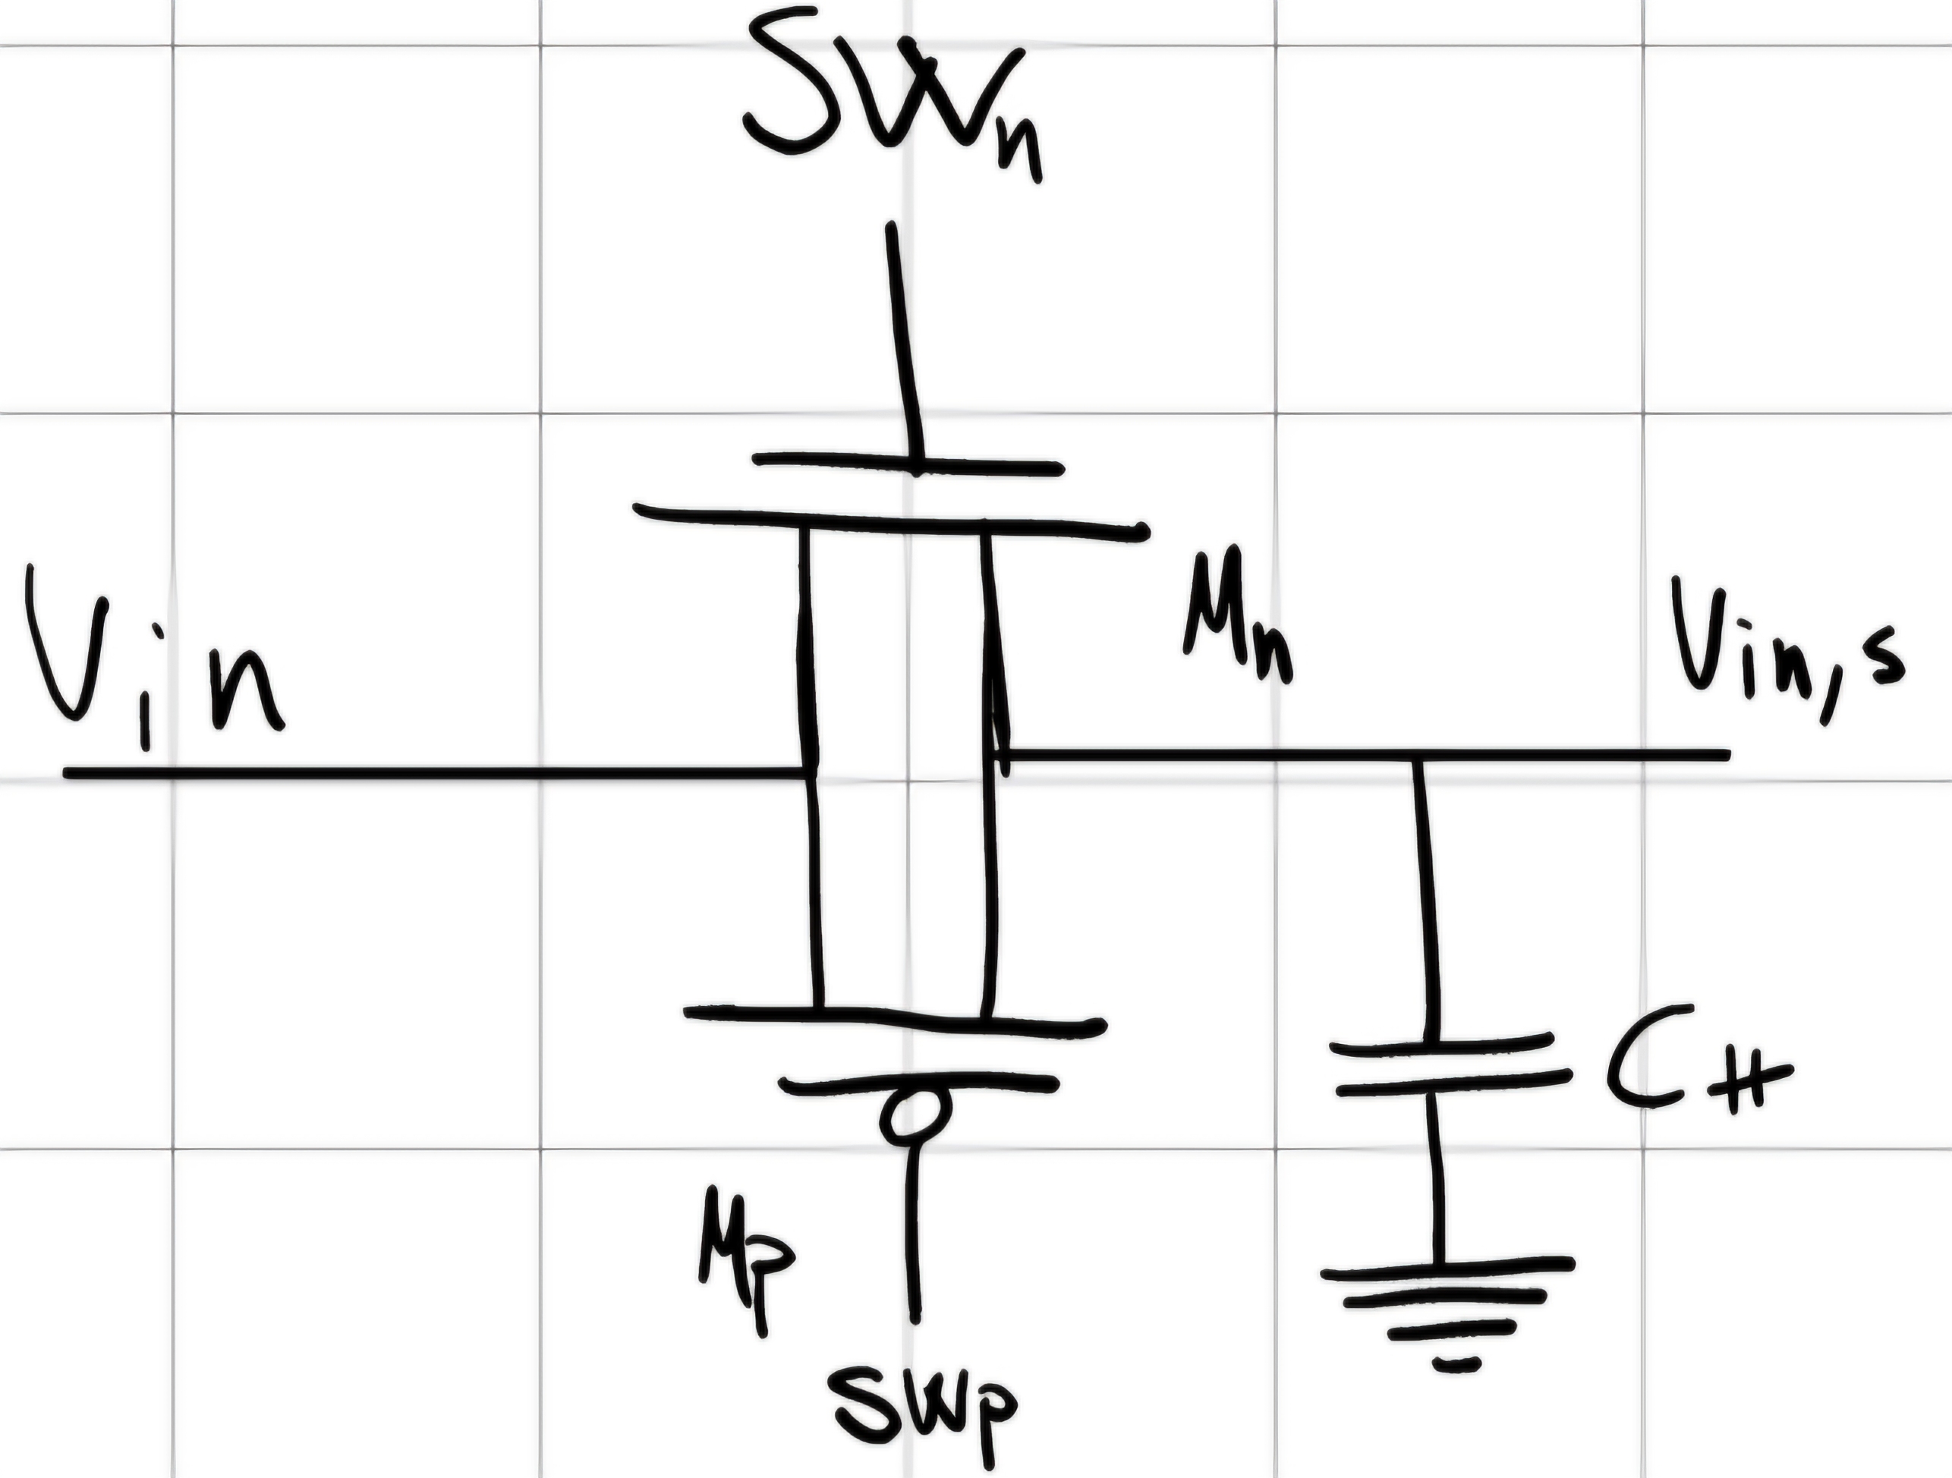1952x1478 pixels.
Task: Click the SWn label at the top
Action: pos(893,102)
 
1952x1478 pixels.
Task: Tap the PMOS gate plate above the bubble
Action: pos(918,1081)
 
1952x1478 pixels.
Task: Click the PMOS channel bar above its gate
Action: pos(895,1020)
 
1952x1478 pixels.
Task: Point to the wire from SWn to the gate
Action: pos(905,341)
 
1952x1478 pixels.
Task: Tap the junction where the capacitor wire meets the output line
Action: pos(1419,754)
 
